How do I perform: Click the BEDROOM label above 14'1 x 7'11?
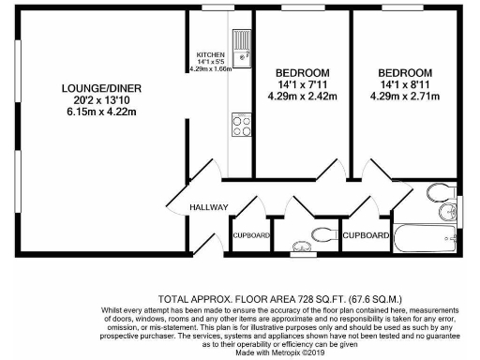click(302, 73)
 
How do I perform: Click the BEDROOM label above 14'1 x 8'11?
click(405, 73)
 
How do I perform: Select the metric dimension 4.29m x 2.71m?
click(405, 96)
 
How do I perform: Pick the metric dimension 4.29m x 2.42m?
click(302, 96)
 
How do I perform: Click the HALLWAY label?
click(209, 207)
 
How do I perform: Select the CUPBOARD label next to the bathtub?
click(366, 234)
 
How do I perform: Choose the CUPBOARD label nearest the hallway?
click(251, 234)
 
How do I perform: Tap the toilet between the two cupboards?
click(322, 233)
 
